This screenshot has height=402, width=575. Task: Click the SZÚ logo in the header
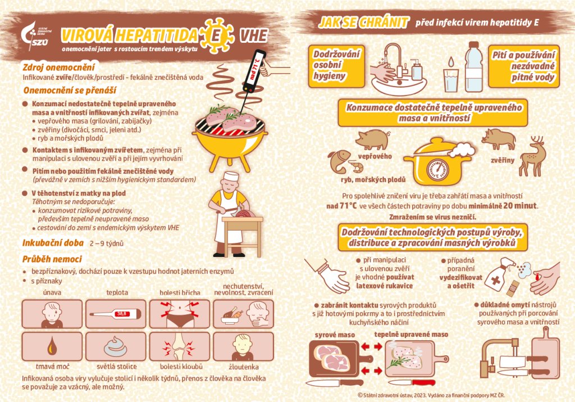[x=35, y=35]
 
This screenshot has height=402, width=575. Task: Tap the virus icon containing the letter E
[x=215, y=35]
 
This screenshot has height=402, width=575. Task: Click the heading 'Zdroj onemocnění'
[x=58, y=67]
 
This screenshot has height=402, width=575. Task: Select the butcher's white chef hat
[x=231, y=176]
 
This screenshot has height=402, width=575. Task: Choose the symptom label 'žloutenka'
[x=244, y=367]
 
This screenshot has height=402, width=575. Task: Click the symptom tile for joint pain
[x=180, y=346]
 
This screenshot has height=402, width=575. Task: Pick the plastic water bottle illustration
[x=474, y=67]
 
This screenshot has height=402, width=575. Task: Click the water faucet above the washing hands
[x=395, y=58]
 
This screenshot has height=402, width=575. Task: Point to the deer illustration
[x=533, y=156]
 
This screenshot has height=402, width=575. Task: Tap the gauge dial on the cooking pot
[x=437, y=170]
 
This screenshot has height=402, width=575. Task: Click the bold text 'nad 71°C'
[x=341, y=206]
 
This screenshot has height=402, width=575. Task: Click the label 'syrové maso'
[x=335, y=335]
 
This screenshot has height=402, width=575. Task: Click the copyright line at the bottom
[x=431, y=395]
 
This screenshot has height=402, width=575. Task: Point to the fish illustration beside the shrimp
[x=338, y=161]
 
